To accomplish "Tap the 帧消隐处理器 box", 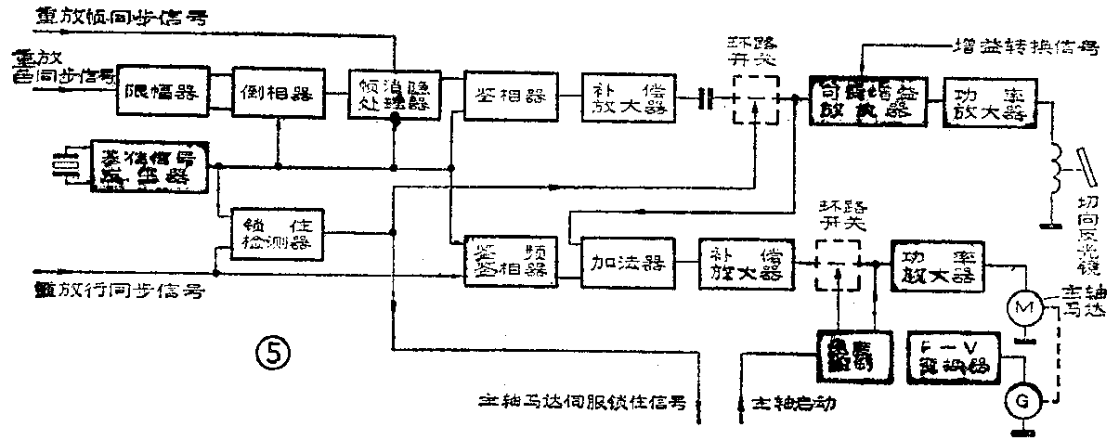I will (x=393, y=94).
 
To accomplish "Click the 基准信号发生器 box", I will (x=149, y=166).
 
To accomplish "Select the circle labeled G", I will (x=1023, y=400).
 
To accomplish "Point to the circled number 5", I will (x=274, y=352).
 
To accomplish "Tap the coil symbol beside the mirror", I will (x=1055, y=167).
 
